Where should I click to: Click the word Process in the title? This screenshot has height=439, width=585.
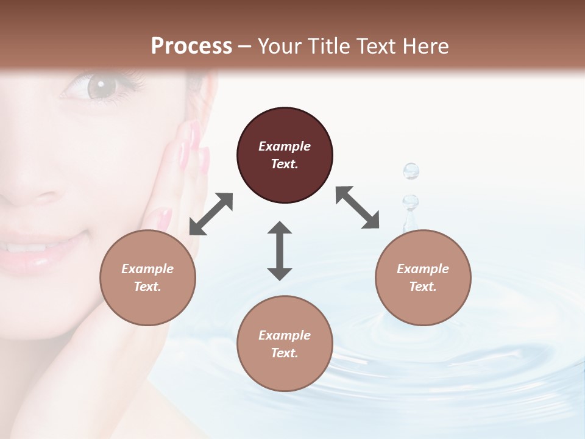[x=191, y=46]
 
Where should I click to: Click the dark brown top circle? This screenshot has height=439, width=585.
[x=285, y=155]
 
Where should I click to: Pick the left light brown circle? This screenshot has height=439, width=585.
[x=147, y=277]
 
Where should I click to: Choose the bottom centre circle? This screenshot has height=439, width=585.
[x=285, y=343]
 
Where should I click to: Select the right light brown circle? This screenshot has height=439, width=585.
[x=423, y=277]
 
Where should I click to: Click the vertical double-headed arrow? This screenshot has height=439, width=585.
[x=280, y=250]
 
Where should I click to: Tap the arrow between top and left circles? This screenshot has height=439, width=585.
[x=211, y=214]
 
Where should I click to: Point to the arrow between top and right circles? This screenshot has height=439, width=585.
[x=357, y=207]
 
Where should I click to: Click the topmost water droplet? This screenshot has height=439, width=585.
[x=411, y=171]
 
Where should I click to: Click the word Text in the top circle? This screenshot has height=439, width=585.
[x=284, y=164]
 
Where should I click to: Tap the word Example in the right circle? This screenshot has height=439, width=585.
[x=423, y=269]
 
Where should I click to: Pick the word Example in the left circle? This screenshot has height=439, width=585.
[x=147, y=269]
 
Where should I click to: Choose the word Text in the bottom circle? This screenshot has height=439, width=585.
[x=284, y=353]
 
